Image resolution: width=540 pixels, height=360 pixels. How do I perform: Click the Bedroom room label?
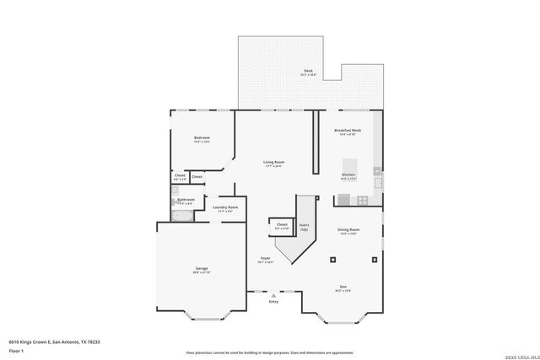(202, 138)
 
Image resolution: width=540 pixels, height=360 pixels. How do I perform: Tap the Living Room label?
(273, 162)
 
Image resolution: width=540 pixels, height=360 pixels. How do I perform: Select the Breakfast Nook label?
(348, 132)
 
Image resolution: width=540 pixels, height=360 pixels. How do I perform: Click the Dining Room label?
(348, 230)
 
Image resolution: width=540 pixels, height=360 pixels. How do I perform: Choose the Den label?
(343, 287)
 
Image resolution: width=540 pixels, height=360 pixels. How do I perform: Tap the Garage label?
(202, 269)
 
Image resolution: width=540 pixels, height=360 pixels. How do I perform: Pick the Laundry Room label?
(225, 207)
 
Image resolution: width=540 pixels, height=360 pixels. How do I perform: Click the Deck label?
(308, 72)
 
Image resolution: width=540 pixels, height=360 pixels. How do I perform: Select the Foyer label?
(265, 258)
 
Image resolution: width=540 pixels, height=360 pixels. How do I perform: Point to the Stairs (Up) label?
(304, 227)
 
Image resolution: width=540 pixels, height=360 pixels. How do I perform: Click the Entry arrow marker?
(273, 295)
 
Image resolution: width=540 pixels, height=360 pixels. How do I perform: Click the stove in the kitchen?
(362, 200)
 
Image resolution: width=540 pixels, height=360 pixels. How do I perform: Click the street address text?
(54, 341)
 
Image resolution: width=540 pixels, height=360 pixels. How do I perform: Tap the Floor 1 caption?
(15, 349)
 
